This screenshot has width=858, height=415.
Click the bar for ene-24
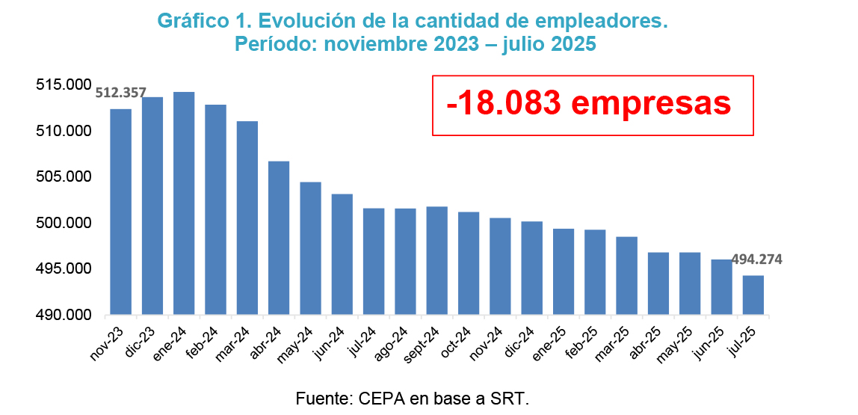184,203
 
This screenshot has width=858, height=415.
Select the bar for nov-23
120,212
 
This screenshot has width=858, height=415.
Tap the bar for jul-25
753,295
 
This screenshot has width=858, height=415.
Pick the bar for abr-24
279,238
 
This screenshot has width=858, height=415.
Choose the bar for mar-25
626,275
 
